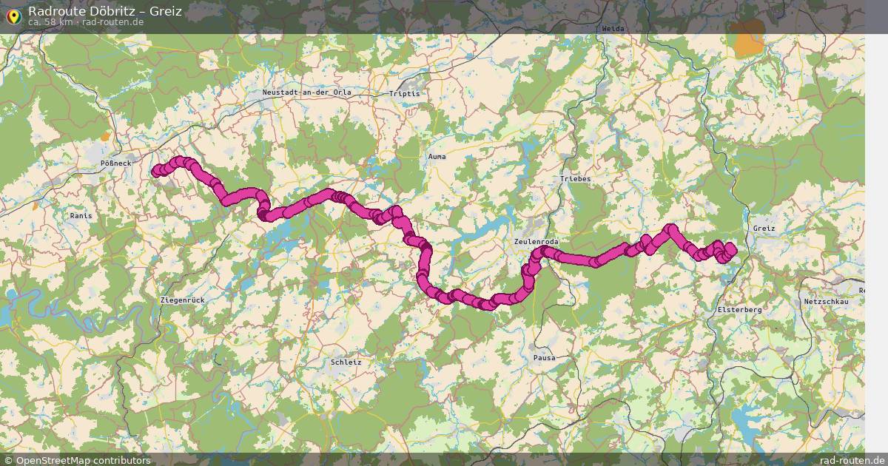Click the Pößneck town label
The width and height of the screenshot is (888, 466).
[x=115, y=163]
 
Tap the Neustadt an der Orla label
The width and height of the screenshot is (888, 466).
[x=306, y=92]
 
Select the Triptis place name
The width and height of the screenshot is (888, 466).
[x=404, y=94]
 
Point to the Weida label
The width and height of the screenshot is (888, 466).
[x=613, y=28]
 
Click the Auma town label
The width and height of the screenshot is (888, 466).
[x=437, y=157]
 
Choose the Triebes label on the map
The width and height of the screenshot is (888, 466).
[x=575, y=179]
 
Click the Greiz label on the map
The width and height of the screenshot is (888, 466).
[x=763, y=229]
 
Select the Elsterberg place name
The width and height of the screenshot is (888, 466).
[x=739, y=310]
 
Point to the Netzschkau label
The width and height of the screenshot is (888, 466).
[x=825, y=302]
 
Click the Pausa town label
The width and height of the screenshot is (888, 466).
[x=544, y=358]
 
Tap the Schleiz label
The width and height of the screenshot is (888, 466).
[x=346, y=362]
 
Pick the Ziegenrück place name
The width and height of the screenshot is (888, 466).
[x=182, y=300]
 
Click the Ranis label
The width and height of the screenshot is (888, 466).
[x=81, y=215]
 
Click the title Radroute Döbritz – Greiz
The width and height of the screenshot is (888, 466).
[x=104, y=10]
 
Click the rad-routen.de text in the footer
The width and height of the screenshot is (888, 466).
[x=852, y=460]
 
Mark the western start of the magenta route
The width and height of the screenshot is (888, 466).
[x=155, y=172]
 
